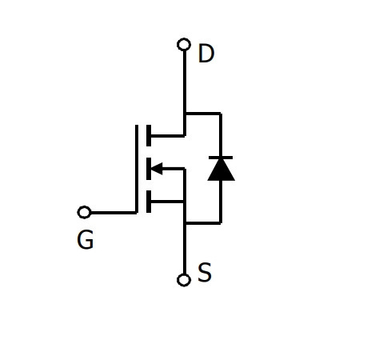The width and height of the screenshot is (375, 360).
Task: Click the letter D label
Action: [206, 54]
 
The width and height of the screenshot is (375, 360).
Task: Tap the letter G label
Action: [86, 239]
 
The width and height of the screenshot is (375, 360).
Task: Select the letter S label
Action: [205, 272]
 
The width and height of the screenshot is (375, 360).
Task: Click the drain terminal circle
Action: [184, 45]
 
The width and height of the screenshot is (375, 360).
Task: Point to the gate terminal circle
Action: [84, 212]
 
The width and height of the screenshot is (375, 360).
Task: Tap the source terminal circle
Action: [184, 280]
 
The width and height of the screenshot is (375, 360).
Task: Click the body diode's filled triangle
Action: [221, 170]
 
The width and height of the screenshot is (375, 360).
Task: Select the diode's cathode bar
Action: [221, 158]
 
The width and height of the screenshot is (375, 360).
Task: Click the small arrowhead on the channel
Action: [157, 169]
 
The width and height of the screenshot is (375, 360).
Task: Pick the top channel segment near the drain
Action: [149, 135]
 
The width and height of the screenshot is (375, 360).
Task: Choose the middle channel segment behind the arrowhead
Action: [149, 169]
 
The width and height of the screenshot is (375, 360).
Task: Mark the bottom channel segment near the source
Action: [149, 202]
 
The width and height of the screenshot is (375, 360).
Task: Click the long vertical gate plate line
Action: [137, 169]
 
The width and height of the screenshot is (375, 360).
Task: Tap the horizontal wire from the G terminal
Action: [114, 213]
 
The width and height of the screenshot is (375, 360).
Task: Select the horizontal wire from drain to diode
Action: [203, 114]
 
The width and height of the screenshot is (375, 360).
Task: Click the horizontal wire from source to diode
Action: [203, 222]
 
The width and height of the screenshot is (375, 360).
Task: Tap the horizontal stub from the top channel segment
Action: [168, 136]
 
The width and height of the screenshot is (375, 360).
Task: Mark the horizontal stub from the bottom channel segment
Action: [167, 202]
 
